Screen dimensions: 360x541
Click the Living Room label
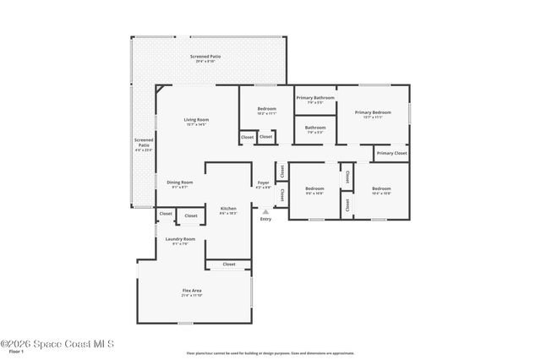point(196,120)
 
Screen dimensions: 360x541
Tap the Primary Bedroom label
point(373,112)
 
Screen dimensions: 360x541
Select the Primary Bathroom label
point(315,98)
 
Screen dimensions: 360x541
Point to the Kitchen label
point(228,208)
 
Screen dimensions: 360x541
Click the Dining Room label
point(179,183)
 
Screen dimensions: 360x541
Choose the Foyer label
point(264,183)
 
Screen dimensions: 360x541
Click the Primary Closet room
point(391,153)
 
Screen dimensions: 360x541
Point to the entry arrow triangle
point(265,211)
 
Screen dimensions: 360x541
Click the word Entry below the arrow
point(265,219)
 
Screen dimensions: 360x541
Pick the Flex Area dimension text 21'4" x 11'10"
point(191,296)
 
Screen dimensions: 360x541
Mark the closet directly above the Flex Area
point(229,265)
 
